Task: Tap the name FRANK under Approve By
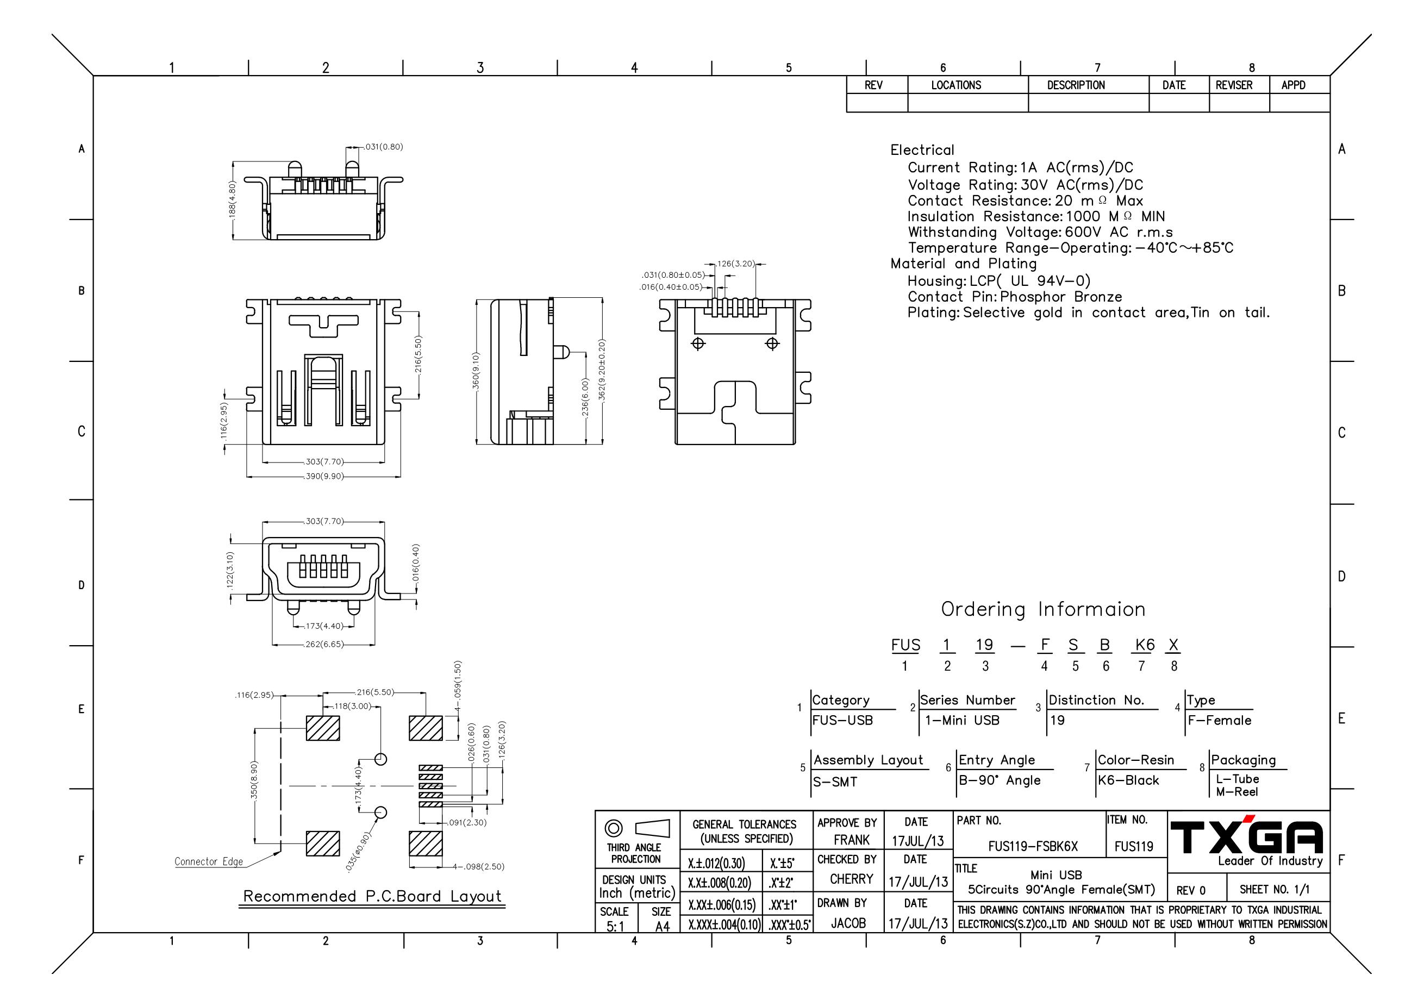click(x=851, y=840)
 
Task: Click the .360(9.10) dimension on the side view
click(x=475, y=371)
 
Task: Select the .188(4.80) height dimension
click(x=232, y=198)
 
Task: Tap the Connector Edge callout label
click(x=209, y=861)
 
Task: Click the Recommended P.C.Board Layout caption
click(x=372, y=896)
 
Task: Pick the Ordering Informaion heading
click(x=1043, y=609)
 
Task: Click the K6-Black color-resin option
click(x=1128, y=780)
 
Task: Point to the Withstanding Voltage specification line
click(x=1040, y=232)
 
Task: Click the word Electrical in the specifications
click(x=922, y=150)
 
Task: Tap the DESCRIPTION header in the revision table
click(x=1076, y=85)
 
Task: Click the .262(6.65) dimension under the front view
click(x=324, y=645)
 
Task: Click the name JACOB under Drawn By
click(x=848, y=923)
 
